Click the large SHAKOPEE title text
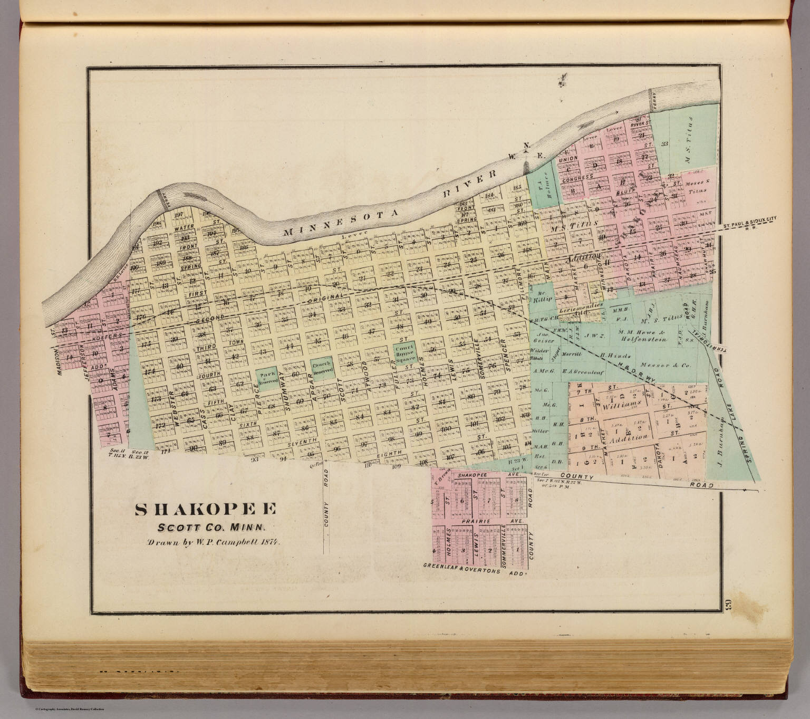[206, 509]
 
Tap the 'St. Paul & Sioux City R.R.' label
[755, 221]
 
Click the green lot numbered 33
[664, 143]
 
